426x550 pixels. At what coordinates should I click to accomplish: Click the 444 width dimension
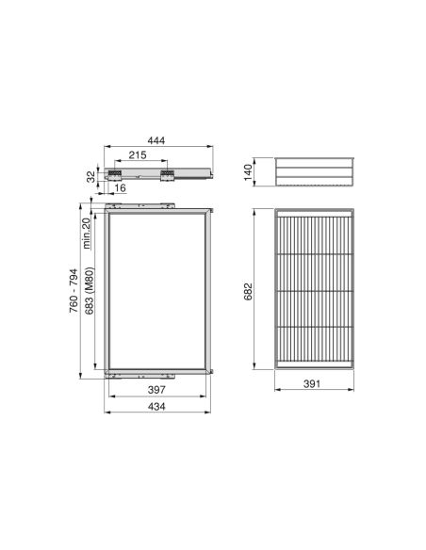156,139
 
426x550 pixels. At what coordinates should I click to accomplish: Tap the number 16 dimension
122,188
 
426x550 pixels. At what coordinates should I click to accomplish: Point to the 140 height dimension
247,170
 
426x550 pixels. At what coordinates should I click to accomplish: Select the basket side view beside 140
315,172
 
